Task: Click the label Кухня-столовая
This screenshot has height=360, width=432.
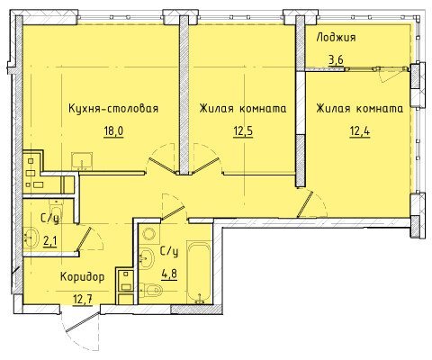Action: [113, 108]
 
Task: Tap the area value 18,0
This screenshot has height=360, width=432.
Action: [113, 131]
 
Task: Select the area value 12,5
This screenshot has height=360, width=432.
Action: [243, 131]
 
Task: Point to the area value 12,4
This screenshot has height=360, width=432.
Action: [360, 131]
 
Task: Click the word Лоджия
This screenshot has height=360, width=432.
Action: [336, 38]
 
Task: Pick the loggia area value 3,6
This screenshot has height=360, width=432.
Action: [336, 60]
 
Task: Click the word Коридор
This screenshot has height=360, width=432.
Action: [83, 277]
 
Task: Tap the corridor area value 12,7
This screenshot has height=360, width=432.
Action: [83, 299]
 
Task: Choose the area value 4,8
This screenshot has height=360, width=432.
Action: [169, 274]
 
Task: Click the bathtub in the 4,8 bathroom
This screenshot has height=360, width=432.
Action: [198, 272]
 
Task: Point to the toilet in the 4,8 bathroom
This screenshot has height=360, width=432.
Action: [150, 291]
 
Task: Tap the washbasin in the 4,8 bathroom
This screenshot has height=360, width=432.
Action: [147, 258]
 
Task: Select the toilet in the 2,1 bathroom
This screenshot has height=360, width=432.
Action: [56, 209]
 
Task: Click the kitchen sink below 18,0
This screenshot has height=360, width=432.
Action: [82, 161]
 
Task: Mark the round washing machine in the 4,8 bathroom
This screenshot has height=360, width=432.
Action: [148, 234]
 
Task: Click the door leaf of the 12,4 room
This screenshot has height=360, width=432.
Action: [305, 204]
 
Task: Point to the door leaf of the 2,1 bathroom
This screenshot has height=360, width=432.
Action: [84, 238]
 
